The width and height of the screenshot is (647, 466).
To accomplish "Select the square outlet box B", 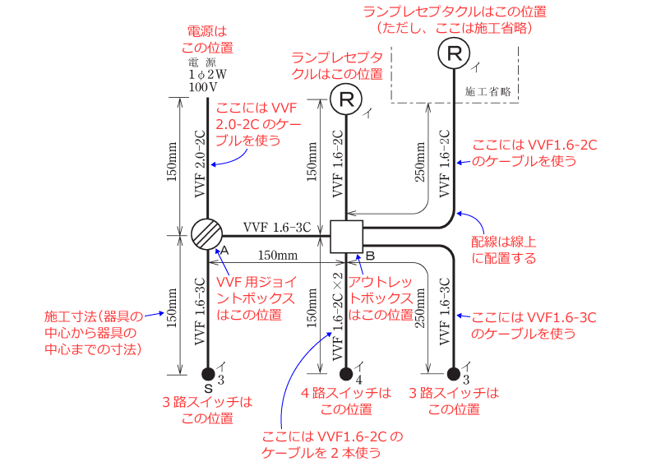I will click(x=346, y=236).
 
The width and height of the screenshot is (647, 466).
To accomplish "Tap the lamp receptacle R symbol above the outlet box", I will click(x=346, y=100).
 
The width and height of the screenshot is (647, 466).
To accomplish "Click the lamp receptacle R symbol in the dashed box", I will click(x=453, y=54).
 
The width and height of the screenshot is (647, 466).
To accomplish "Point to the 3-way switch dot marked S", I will click(x=207, y=371).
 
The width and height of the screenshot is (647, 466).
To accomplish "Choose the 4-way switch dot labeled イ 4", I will click(x=346, y=371).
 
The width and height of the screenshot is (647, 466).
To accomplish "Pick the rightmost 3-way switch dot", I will click(x=453, y=371).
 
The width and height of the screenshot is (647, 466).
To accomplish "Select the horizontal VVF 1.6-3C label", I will click(x=276, y=227).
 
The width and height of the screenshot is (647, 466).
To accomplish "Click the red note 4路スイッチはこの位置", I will click(x=346, y=401).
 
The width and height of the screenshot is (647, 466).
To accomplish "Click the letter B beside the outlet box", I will click(x=370, y=256).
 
